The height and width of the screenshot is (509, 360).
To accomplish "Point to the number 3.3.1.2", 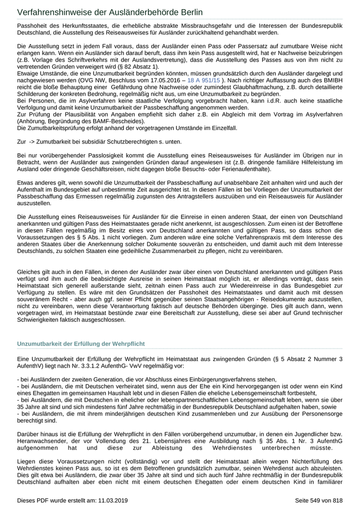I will (x=106, y=366).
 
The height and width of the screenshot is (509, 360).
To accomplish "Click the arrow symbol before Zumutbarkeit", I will (x=32, y=141).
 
